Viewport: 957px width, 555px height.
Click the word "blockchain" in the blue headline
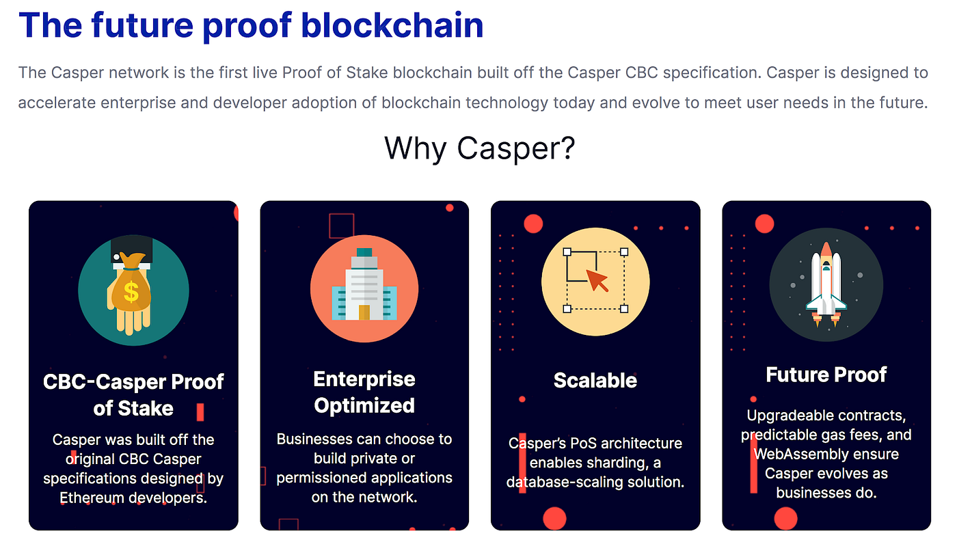392,25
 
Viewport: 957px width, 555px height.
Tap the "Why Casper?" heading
479,148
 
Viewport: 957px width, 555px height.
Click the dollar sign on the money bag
131,293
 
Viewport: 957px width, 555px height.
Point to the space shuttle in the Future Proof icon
826,284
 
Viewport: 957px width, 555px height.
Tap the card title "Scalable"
595,381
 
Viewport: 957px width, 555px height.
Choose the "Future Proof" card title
826,375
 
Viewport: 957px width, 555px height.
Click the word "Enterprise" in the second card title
364,379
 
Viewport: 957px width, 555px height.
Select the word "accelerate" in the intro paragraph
56,103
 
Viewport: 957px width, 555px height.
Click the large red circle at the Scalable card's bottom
554,519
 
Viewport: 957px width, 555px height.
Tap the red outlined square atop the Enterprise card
342,226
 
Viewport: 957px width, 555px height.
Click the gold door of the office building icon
364,312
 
